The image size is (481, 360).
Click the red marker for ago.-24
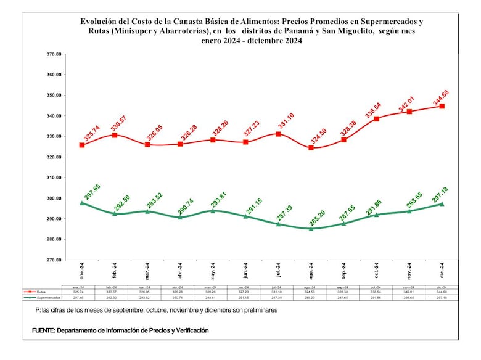(311, 148)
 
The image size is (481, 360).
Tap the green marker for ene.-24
(82, 203)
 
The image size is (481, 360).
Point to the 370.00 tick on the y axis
(54, 54)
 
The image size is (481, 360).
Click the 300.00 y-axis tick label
(54, 198)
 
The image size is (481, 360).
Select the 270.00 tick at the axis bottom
(54, 260)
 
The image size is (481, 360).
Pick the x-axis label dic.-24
(442, 272)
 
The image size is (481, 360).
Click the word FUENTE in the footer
(43, 330)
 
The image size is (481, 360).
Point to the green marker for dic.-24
(442, 204)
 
